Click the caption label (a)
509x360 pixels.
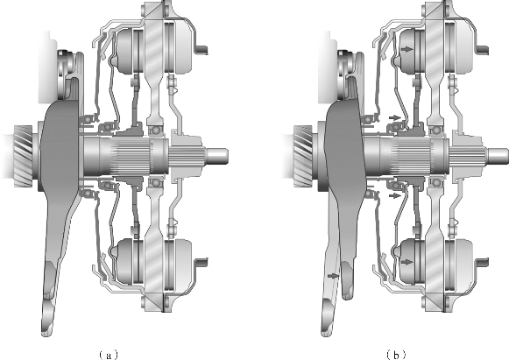tap(108, 355)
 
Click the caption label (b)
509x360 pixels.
tap(396, 355)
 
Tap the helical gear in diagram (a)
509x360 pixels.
tap(23, 157)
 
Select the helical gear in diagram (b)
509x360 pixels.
tap(303, 157)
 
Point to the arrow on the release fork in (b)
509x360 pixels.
tap(333, 276)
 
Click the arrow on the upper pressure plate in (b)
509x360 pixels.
tap(407, 49)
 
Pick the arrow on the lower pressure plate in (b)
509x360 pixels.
tap(407, 262)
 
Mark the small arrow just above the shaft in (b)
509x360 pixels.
tap(394, 117)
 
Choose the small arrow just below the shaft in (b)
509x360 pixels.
tap(394, 195)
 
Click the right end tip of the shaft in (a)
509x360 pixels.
tap(228, 156)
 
